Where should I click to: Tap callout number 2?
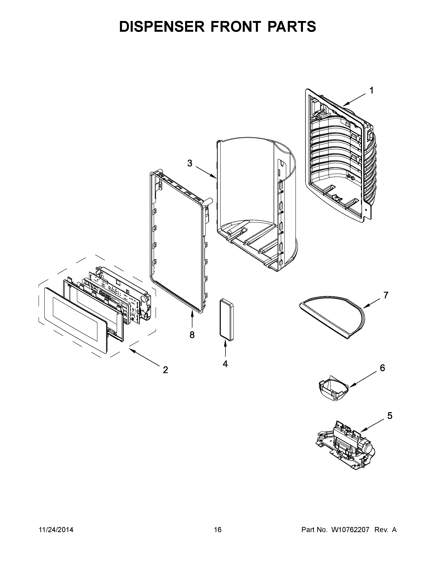tap(165, 370)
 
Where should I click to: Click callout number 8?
tap(192, 335)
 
